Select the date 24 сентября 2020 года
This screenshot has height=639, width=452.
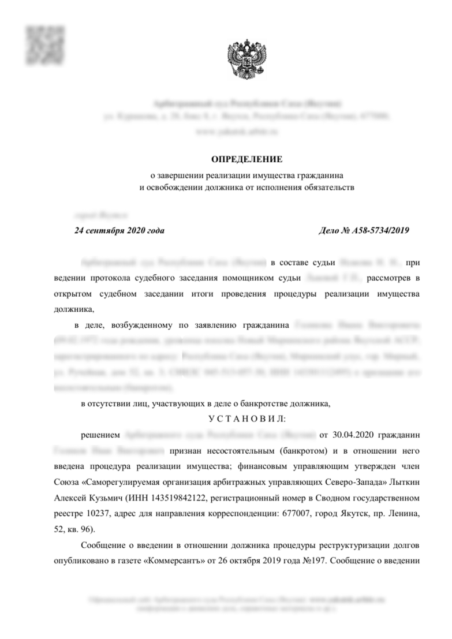click(x=119, y=230)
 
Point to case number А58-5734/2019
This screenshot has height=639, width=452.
click(x=364, y=230)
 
